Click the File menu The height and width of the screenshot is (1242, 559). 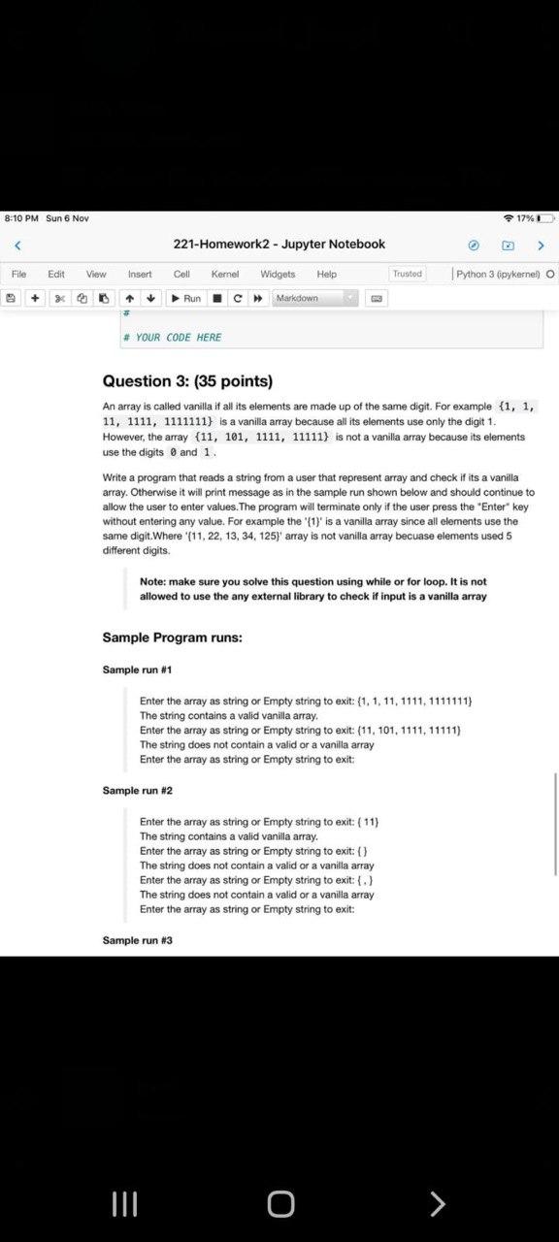point(19,274)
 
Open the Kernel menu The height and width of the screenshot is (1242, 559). point(225,274)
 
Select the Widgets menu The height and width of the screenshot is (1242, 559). point(278,274)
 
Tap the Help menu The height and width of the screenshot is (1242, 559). point(326,274)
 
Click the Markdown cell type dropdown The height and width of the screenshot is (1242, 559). point(316,298)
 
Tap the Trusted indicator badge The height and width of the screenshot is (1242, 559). point(408,274)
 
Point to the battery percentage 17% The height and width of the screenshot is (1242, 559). point(525,218)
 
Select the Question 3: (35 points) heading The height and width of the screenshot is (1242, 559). point(187,381)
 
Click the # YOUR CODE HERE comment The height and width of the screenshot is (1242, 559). point(173,338)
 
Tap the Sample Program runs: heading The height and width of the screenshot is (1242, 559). point(172,637)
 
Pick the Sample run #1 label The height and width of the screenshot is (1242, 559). point(137,670)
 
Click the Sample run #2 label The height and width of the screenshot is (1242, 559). point(137,791)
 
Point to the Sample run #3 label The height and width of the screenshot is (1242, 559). point(137,940)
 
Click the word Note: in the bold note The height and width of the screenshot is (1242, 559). point(155,581)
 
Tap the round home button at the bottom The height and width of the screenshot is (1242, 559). point(279,1204)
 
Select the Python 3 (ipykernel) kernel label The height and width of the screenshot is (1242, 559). point(499,274)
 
